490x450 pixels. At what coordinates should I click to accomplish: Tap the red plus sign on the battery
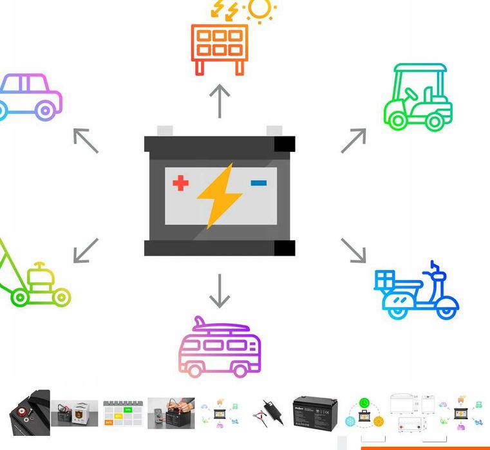pyautogui.click(x=181, y=183)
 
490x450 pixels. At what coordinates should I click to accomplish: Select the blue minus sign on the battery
pyautogui.click(x=259, y=183)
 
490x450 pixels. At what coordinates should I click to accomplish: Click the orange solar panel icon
pyautogui.click(x=220, y=49)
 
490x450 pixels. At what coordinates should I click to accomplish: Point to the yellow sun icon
pyautogui.click(x=260, y=10)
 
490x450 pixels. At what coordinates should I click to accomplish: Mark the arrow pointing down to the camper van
pyautogui.click(x=220, y=291)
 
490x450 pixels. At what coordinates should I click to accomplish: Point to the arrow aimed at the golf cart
pyautogui.click(x=353, y=140)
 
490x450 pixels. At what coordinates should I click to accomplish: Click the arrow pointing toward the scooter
pyautogui.click(x=353, y=250)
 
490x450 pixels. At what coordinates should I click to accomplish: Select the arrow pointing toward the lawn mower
pyautogui.click(x=86, y=250)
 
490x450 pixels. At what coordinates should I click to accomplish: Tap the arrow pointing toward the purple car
pyautogui.click(x=86, y=140)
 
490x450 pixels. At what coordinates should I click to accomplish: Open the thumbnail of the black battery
pyautogui.click(x=315, y=413)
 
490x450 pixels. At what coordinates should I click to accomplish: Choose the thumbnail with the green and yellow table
pyautogui.click(x=122, y=413)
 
